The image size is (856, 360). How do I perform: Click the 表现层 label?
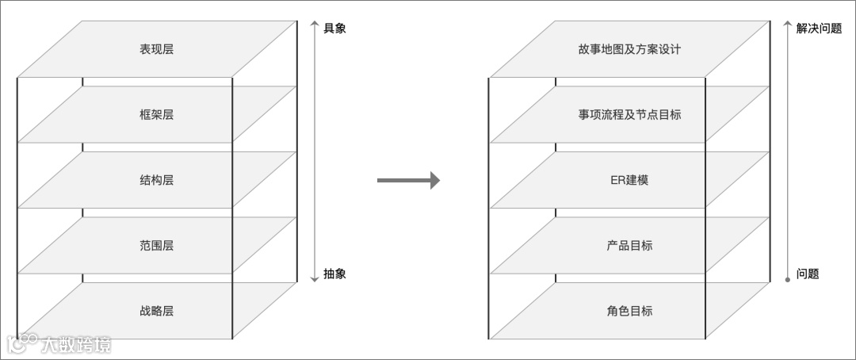156,49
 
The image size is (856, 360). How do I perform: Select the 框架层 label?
156,114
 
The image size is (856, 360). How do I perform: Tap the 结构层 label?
156,180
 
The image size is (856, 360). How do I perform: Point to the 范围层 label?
156,245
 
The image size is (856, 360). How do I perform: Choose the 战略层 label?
156,311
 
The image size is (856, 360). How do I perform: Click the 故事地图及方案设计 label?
629,49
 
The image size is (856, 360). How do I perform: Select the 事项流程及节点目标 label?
629,114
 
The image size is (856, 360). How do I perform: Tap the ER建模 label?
629,180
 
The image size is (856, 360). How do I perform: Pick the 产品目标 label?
629,245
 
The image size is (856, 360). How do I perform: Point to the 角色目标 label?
629,311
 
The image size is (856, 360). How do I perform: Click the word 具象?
334,29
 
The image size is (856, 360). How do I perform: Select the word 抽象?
334,274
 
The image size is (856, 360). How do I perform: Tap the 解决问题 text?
819,29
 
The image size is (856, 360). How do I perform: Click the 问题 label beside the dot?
808,274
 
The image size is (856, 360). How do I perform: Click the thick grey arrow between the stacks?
407,181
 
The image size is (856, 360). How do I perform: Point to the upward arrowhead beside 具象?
315,25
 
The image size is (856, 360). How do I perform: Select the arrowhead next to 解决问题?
787,25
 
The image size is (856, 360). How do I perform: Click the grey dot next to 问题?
787,279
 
